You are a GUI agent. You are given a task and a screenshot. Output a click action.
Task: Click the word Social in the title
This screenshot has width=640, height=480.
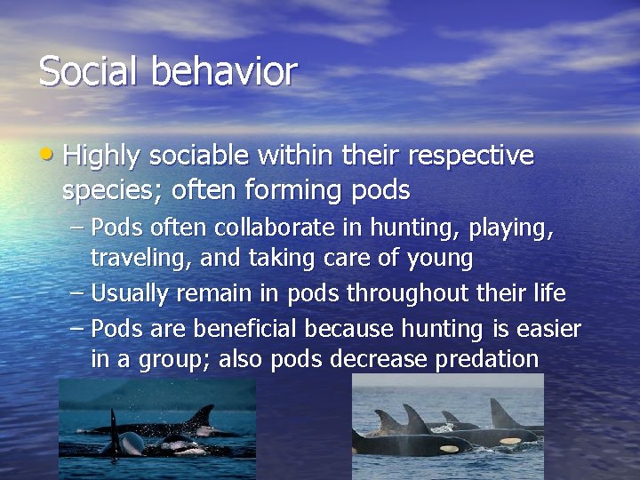[x=84, y=71]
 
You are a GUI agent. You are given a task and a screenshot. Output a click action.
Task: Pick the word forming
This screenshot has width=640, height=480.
[x=307, y=190]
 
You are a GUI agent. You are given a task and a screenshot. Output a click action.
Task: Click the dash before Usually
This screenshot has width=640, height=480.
[x=78, y=292]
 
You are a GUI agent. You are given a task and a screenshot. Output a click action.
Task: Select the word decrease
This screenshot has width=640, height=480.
[x=379, y=359]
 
